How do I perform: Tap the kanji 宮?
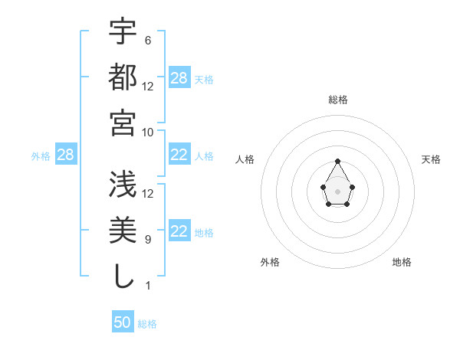click(123, 123)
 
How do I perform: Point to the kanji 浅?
click(123, 185)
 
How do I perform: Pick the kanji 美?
click(123, 231)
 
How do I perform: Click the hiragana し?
click(123, 276)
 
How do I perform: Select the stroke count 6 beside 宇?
click(147, 40)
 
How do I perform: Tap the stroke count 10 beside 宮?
click(148, 131)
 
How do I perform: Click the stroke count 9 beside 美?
click(147, 239)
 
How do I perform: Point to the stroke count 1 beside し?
click(147, 285)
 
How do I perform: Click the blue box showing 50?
click(123, 322)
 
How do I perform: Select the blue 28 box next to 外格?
click(65, 155)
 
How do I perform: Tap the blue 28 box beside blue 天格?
click(179, 78)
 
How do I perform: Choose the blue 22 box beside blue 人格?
click(179, 155)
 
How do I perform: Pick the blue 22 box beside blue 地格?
click(179, 232)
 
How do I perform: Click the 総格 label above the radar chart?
click(338, 100)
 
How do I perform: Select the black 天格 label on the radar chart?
click(431, 159)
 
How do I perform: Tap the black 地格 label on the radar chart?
click(402, 262)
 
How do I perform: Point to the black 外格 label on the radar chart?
click(270, 262)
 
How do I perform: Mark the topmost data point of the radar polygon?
click(337, 161)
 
